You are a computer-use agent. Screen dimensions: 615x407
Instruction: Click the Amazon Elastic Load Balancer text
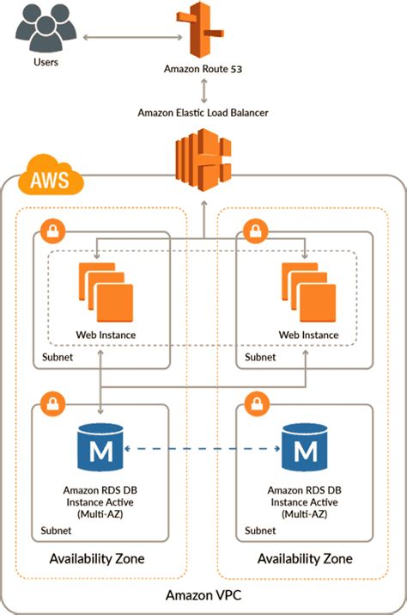[x=203, y=113]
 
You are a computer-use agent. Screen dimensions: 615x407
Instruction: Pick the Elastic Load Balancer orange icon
[x=203, y=160]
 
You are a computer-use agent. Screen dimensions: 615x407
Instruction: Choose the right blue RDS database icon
[x=305, y=450]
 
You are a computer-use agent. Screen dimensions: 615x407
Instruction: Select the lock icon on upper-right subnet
[x=253, y=232]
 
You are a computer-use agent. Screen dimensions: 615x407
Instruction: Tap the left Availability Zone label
[x=96, y=559]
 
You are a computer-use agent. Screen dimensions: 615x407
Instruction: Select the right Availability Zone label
[x=305, y=559]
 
